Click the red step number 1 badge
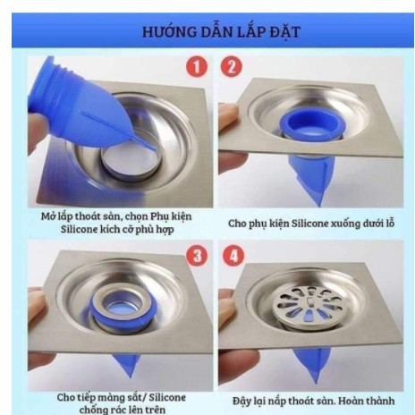click(197, 67)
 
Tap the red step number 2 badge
click(232, 67)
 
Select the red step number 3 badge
click(197, 256)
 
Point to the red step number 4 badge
click(233, 256)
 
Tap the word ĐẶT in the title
click(284, 32)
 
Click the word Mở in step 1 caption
click(47, 216)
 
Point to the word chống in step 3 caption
click(92, 410)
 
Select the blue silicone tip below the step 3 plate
click(126, 365)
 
